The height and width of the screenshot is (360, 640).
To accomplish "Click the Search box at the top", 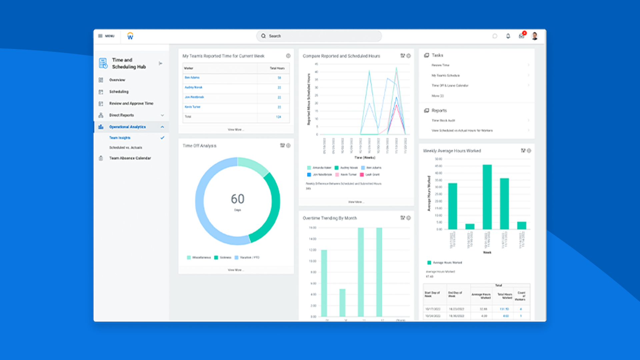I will (319, 36).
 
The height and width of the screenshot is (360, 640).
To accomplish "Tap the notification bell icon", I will (508, 36).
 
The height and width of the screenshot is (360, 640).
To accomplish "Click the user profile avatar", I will (535, 36).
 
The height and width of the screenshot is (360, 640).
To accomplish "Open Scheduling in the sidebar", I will (119, 92).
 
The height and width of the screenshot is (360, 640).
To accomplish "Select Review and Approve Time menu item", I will (131, 103).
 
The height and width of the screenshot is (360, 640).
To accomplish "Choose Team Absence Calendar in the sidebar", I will (130, 158).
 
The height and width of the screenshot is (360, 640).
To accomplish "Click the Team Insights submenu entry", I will (120, 138).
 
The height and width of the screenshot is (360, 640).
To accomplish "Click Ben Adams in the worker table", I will (192, 78).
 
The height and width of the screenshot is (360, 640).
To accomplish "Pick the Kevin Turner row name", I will (192, 107).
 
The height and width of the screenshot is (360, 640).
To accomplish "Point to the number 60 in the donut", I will (237, 199).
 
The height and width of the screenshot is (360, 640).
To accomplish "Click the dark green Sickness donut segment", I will (272, 207).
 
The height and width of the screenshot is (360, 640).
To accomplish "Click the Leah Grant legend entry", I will (372, 175).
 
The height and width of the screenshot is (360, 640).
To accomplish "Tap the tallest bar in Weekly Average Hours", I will (487, 197).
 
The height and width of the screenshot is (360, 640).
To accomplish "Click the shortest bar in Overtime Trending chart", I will (342, 302).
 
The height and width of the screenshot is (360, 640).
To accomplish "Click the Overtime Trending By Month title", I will (330, 218).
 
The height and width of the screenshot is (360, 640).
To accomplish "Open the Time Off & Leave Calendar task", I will (450, 86).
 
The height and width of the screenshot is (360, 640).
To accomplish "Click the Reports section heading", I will (439, 111).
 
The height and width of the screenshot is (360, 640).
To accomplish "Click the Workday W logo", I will (130, 36).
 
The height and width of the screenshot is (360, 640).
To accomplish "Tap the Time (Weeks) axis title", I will (365, 158).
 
